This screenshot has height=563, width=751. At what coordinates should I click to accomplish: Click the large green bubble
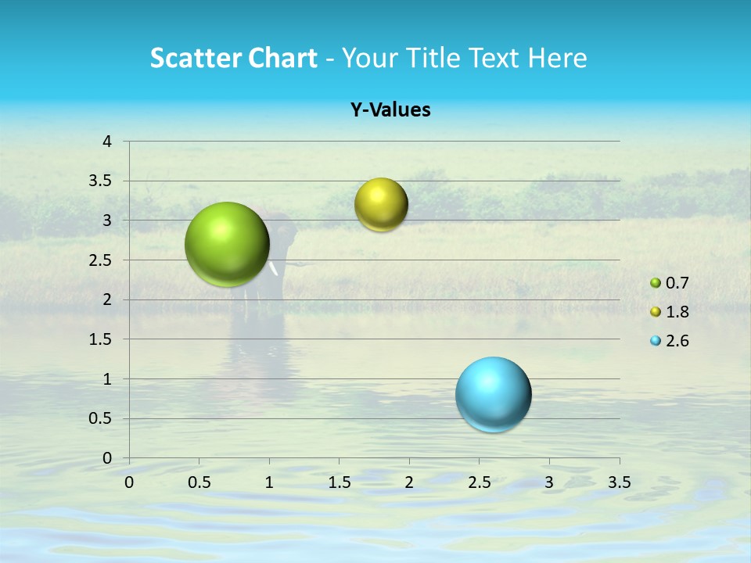tap(227, 244)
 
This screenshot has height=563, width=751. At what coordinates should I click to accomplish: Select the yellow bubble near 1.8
tap(381, 204)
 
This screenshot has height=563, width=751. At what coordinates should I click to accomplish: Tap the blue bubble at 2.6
tap(493, 394)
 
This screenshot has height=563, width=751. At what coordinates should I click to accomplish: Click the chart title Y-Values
tap(390, 110)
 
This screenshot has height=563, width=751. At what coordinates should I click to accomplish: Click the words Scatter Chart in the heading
tap(233, 58)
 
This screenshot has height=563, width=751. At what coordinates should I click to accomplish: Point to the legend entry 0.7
tap(677, 283)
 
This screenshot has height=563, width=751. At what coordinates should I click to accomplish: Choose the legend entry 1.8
tap(677, 312)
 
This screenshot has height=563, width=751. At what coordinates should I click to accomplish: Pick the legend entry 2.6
tap(677, 341)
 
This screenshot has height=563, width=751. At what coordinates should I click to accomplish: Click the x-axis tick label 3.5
tap(619, 482)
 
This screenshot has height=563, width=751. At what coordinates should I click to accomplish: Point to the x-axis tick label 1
tap(269, 482)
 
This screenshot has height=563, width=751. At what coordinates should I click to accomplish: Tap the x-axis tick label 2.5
tap(479, 482)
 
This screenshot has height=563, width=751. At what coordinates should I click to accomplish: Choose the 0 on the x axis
tap(129, 482)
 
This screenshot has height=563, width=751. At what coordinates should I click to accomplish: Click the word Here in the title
tap(557, 58)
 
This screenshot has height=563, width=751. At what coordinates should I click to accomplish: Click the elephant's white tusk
tap(275, 269)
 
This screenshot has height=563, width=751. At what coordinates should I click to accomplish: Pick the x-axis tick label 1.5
tap(339, 482)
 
